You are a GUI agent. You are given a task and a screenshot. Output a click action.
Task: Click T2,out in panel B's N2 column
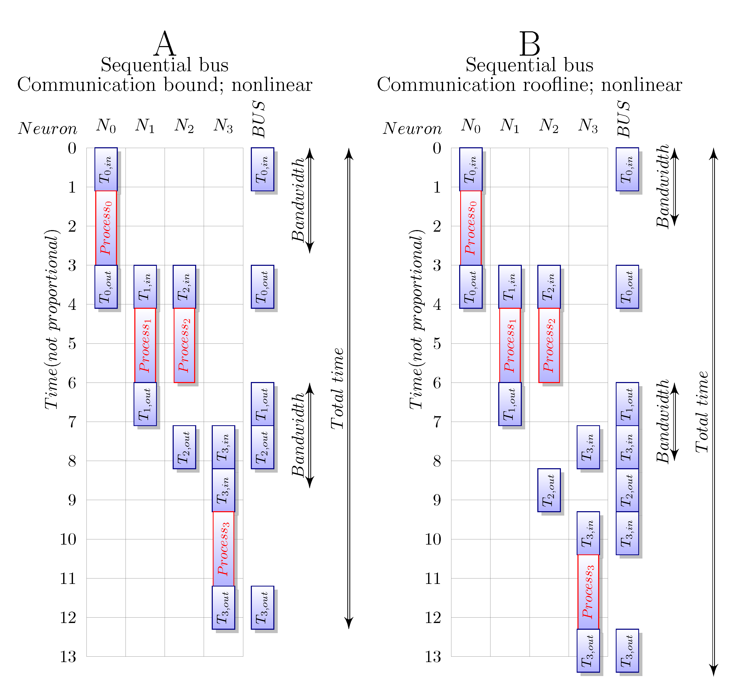pyautogui.click(x=549, y=490)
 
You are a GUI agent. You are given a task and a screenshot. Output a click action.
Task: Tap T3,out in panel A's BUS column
pyautogui.click(x=262, y=607)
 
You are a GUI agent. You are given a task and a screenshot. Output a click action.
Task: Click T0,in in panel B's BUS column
pyautogui.click(x=627, y=169)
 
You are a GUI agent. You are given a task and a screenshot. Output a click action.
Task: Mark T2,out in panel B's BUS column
pyautogui.click(x=627, y=490)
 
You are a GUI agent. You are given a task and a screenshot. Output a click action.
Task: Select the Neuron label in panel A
pyautogui.click(x=48, y=128)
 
